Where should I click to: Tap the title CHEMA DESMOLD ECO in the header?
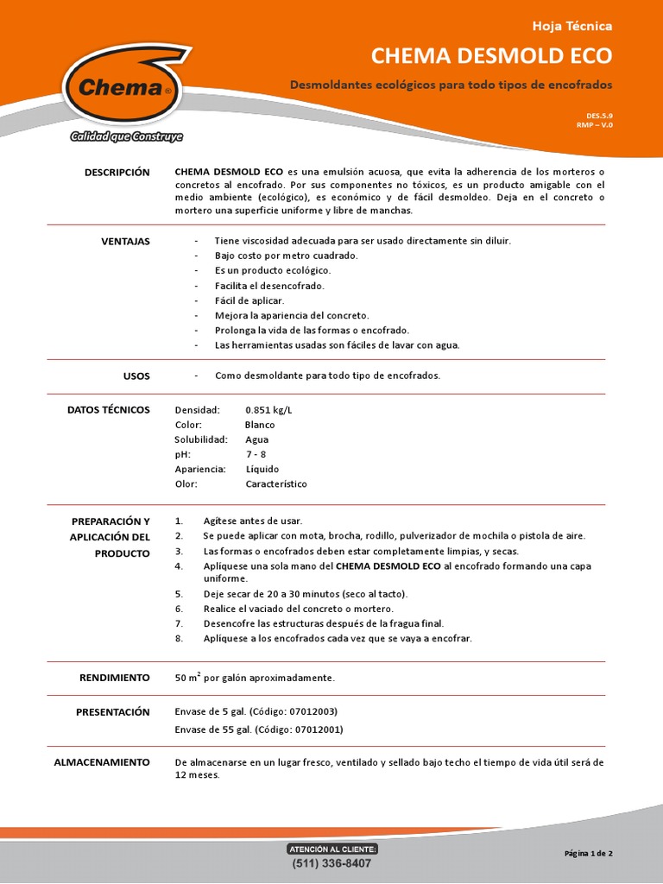coord(491,56)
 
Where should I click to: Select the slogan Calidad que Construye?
coord(126,136)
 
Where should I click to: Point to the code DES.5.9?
coord(599,115)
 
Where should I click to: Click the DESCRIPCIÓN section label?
coord(117,173)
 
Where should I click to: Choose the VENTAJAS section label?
coord(125,241)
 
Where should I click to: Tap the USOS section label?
coord(136,376)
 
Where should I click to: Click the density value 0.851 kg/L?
coord(268,410)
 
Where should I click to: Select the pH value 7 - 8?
coord(257,454)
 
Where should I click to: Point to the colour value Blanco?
coord(260,425)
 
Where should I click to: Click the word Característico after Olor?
coord(276,484)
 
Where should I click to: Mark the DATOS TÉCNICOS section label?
coord(108,410)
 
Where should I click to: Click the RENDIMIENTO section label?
coord(116,678)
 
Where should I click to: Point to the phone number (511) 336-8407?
coord(331,863)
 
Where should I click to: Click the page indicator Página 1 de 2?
coord(588,853)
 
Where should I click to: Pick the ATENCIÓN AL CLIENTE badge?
coord(331,849)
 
